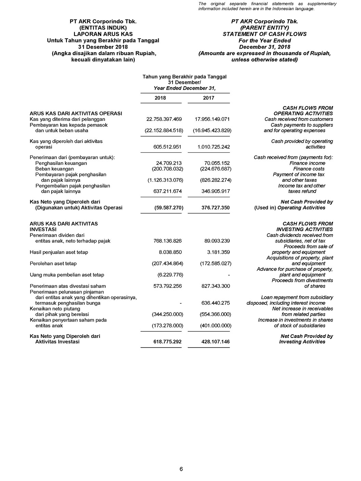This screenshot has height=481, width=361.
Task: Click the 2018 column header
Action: coord(160,98)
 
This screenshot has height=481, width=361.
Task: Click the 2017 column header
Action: coord(209,98)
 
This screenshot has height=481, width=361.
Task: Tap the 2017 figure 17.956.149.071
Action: coord(210,119)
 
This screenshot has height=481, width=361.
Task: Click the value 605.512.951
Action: coord(168,147)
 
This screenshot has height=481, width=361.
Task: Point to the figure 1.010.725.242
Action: coord(214,147)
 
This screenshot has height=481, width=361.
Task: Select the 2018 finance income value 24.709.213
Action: coord(169,163)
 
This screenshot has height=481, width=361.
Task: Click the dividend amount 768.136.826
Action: coord(168,241)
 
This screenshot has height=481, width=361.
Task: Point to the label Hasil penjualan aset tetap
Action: coord(59,252)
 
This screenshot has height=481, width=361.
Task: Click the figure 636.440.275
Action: coord(216,303)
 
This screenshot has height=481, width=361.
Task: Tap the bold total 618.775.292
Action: coord(168,342)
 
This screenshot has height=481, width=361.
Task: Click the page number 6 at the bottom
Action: coord(181,469)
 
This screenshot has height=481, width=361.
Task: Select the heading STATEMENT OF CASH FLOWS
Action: coord(265,34)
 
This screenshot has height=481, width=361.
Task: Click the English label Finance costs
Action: coord(309,169)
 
